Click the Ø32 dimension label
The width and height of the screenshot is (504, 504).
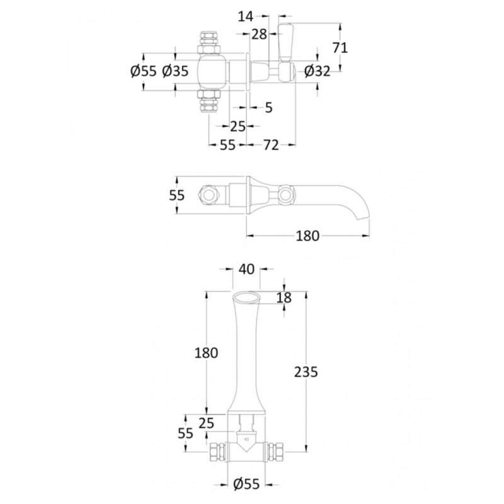pos(317,71)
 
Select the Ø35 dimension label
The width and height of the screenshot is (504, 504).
pos(175,71)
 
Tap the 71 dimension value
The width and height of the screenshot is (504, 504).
pos(340,48)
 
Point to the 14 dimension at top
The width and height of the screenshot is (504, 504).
pos(246,16)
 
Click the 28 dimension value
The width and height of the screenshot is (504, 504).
pos(259,34)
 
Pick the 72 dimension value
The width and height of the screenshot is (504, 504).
pos(271,145)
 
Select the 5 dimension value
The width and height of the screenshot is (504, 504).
pos(269,108)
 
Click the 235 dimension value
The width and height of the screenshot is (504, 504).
pos(306,372)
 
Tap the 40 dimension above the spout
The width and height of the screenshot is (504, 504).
pos(246,270)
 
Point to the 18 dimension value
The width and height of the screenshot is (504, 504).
pos(284,298)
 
